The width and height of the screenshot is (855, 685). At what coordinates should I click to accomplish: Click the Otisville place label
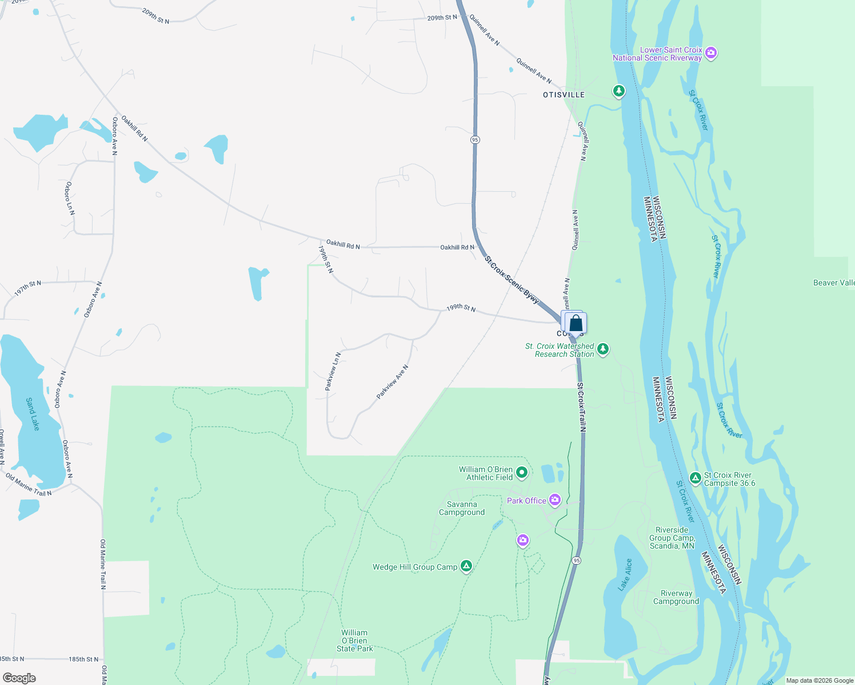(x=564, y=95)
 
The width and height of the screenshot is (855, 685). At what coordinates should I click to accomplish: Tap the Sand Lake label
(x=33, y=414)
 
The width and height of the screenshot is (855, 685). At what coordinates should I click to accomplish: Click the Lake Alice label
(x=625, y=574)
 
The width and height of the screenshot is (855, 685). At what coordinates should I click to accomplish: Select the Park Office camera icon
(x=554, y=501)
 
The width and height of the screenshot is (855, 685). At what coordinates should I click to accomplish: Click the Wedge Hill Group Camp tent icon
(x=466, y=566)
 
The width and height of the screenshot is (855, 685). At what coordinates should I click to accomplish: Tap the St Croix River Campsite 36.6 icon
(x=695, y=478)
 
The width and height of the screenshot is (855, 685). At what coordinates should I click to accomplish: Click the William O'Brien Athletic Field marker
(x=521, y=473)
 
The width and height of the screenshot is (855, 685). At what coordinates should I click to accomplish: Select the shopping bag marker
(x=576, y=324)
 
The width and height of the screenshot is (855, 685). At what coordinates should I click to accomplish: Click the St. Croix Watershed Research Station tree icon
(x=603, y=349)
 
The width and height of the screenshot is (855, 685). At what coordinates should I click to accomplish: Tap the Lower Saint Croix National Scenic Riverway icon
(x=711, y=53)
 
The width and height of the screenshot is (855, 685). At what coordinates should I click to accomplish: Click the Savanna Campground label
(x=462, y=508)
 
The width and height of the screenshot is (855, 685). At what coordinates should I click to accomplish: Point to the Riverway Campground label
(x=676, y=597)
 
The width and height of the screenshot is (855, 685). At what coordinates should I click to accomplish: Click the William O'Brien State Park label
(x=354, y=640)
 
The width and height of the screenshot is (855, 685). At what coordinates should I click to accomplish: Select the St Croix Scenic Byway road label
(x=512, y=279)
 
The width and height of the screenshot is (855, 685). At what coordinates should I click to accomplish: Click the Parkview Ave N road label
(x=393, y=382)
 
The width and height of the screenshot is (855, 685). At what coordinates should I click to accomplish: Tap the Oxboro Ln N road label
(x=69, y=199)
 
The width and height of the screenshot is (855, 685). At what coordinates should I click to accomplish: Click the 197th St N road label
(x=27, y=288)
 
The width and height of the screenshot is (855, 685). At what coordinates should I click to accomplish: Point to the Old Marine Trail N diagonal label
(x=29, y=485)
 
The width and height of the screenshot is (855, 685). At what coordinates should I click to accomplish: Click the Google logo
(x=19, y=678)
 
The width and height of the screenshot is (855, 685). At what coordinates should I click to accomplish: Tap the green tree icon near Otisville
(x=618, y=91)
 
